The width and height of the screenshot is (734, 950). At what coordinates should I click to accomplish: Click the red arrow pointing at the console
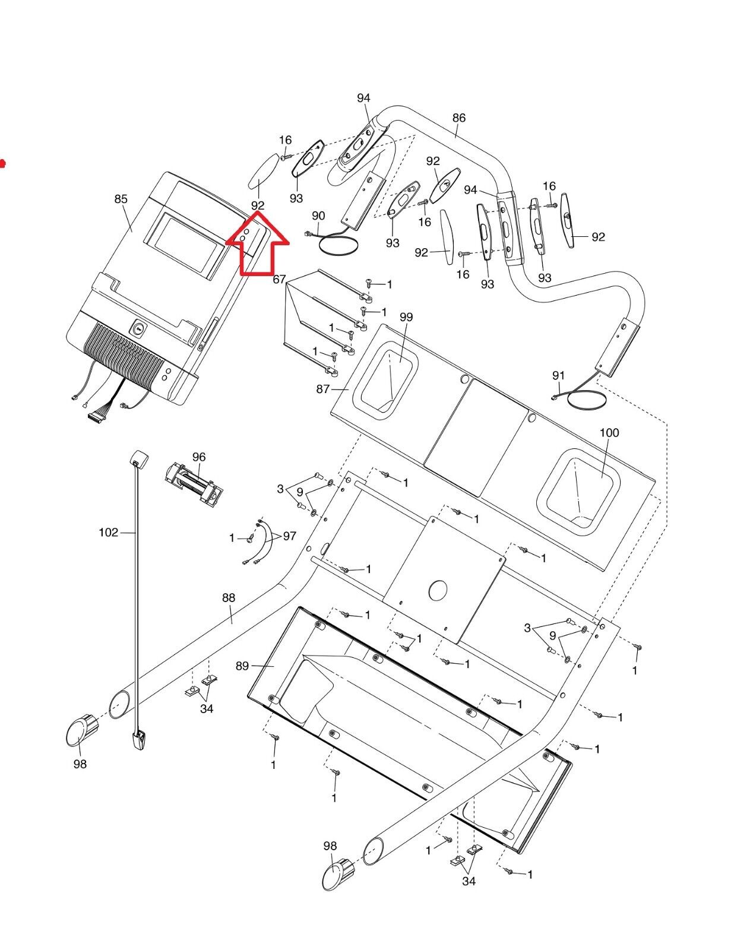tap(257, 245)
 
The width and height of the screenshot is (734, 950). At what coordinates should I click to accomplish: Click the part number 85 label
tap(121, 199)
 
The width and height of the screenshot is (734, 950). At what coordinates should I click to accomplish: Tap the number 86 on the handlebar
tap(459, 118)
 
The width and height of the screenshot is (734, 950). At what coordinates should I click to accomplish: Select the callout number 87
tap(322, 389)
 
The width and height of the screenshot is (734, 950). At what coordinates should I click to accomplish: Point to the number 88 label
tap(229, 598)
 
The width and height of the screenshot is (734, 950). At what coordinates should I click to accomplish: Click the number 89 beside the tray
tap(242, 666)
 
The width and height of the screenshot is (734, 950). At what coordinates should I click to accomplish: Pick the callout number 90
tap(318, 215)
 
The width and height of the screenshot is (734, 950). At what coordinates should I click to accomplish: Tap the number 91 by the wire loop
tap(558, 375)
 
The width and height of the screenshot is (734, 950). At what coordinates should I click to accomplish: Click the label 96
tap(199, 457)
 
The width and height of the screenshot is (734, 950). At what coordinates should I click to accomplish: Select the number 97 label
tap(289, 536)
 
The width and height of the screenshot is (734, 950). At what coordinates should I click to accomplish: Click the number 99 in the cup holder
tap(406, 317)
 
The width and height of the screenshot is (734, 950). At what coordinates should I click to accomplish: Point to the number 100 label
tap(609, 432)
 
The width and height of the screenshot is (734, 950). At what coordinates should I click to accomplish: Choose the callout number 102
tap(108, 533)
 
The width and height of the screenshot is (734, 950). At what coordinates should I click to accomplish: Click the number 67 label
tap(279, 279)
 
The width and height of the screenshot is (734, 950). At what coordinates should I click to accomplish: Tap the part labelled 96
tap(194, 482)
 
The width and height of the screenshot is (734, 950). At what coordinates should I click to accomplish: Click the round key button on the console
tap(138, 327)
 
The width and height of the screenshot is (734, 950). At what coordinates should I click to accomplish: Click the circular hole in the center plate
tap(438, 590)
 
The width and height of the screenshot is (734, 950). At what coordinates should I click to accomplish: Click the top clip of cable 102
tap(138, 457)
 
